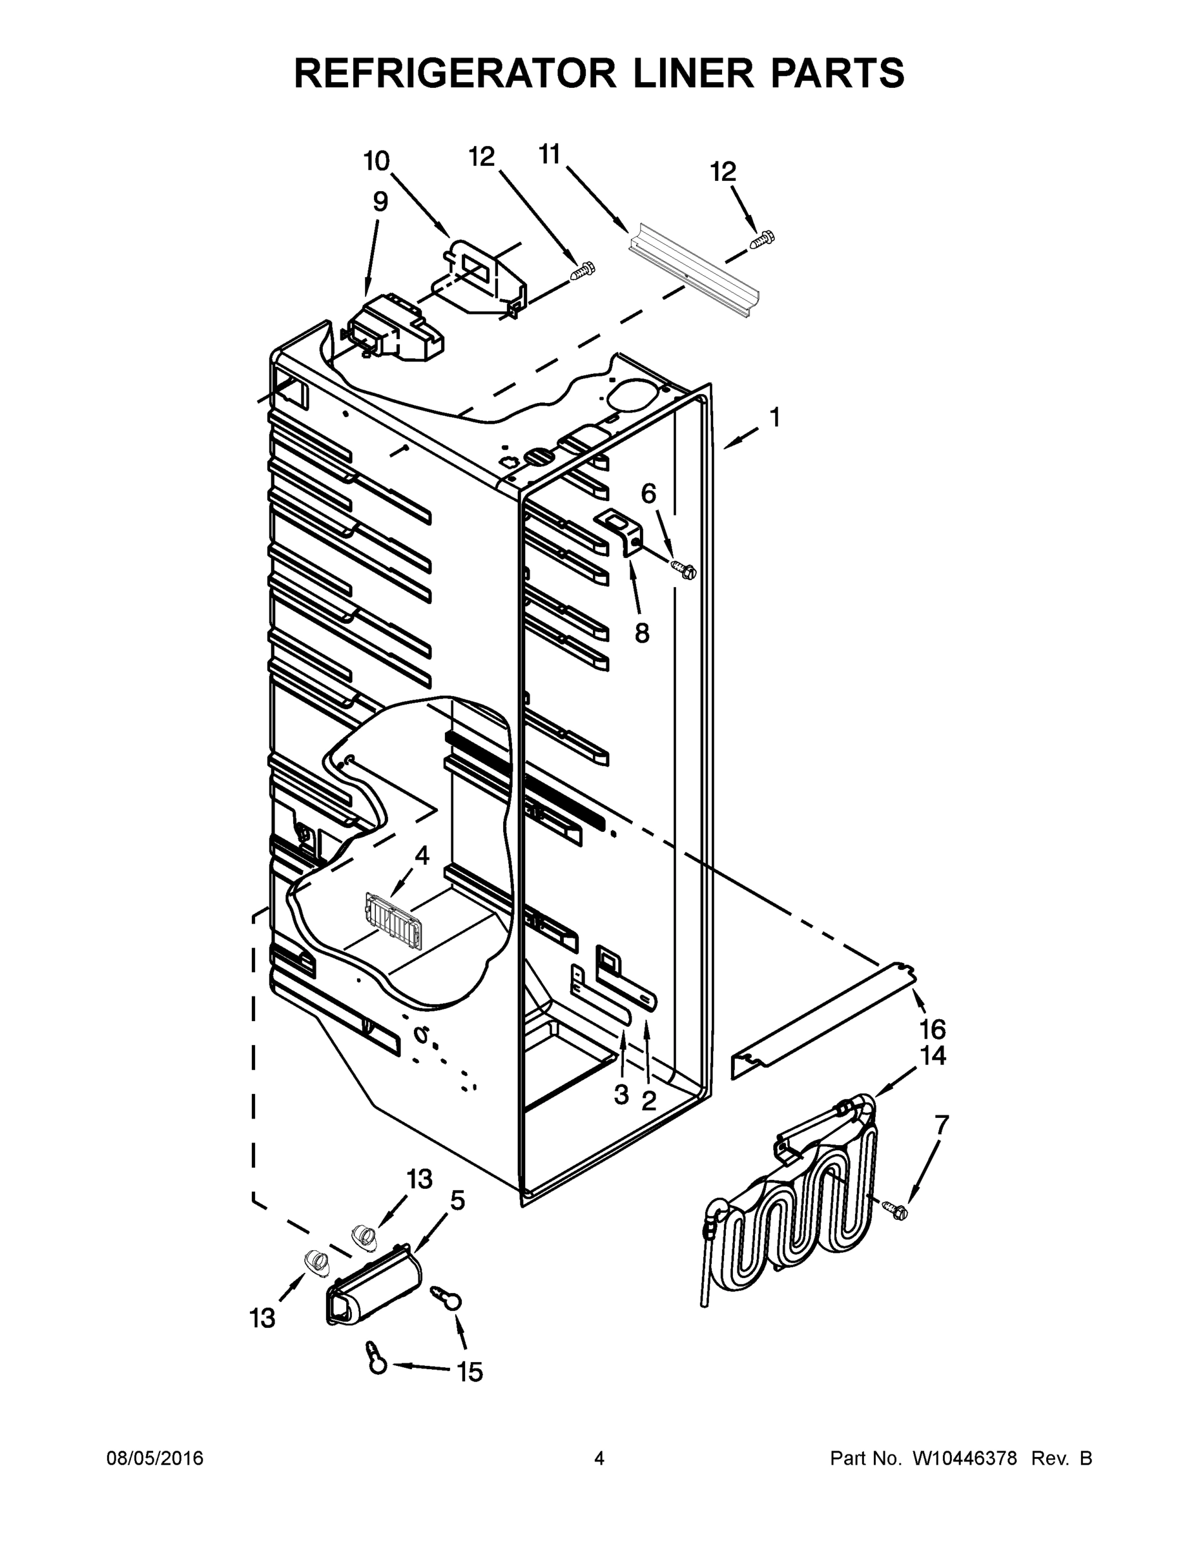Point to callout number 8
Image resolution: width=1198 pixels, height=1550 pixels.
(641, 633)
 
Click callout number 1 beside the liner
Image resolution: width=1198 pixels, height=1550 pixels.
(775, 418)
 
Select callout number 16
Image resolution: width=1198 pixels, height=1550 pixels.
(933, 1028)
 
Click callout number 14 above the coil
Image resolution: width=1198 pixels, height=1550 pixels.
(933, 1056)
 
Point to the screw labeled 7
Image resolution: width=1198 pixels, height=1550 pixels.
(896, 1210)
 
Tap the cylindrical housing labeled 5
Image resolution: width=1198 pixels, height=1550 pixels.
(374, 1286)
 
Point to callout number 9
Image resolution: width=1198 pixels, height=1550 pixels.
(380, 202)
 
